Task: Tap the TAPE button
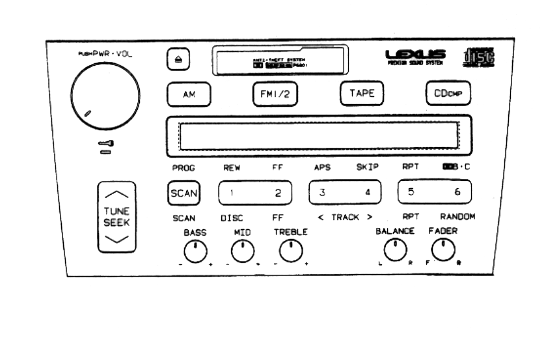coord(362,93)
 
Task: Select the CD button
coord(448,93)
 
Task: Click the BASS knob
coord(195,251)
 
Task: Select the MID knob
coord(242,251)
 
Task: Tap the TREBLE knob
coord(291,251)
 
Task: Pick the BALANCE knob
coord(394,249)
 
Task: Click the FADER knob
coord(443,249)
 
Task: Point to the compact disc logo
coord(481,57)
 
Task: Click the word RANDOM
coord(457,217)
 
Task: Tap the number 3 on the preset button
coord(321,193)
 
